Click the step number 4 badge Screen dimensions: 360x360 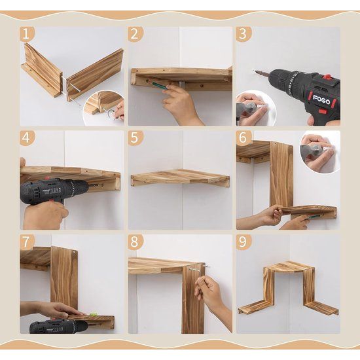tap(27, 139)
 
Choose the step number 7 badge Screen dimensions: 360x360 tap(27, 243)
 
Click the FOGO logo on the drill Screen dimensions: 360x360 tap(321, 99)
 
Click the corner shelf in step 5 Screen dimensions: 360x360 tap(179, 177)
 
